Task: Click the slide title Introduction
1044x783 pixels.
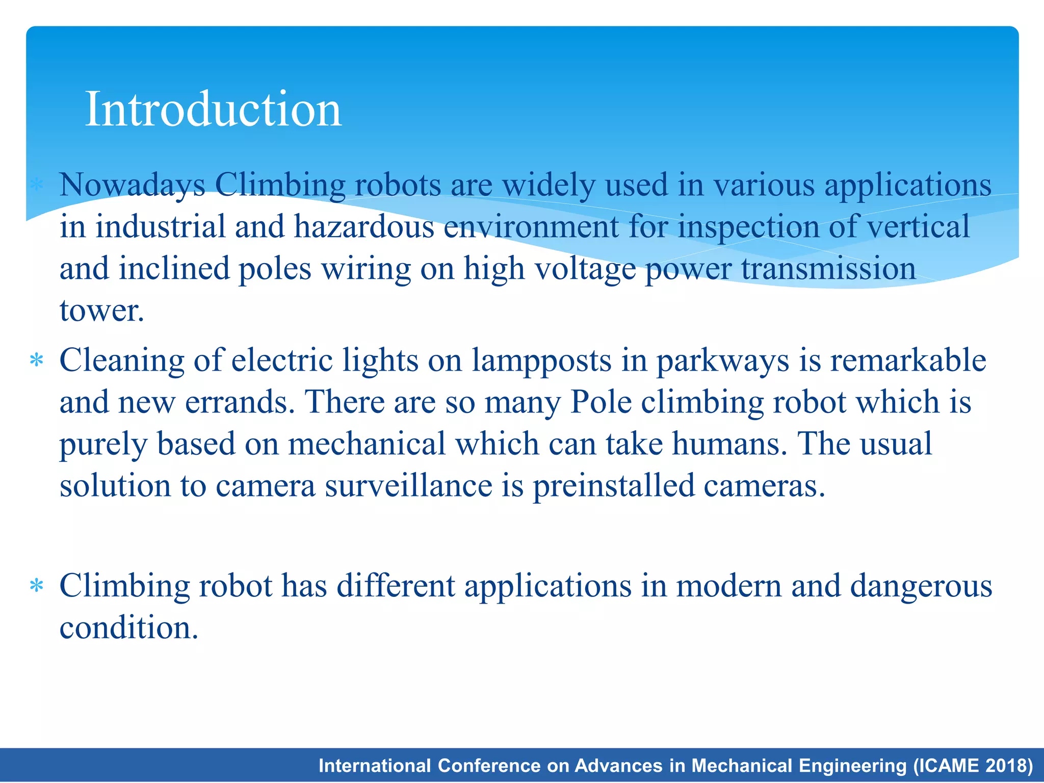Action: click(213, 109)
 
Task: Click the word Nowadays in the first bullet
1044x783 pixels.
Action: click(133, 185)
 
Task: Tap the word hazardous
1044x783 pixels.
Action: click(364, 227)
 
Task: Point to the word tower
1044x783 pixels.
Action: click(102, 310)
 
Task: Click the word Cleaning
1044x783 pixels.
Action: click(122, 361)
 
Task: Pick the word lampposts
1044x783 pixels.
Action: click(541, 361)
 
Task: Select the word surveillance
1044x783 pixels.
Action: click(408, 486)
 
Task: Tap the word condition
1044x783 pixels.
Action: click(128, 628)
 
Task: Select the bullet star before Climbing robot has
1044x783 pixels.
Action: click(36, 586)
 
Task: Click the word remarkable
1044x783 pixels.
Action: click(908, 361)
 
